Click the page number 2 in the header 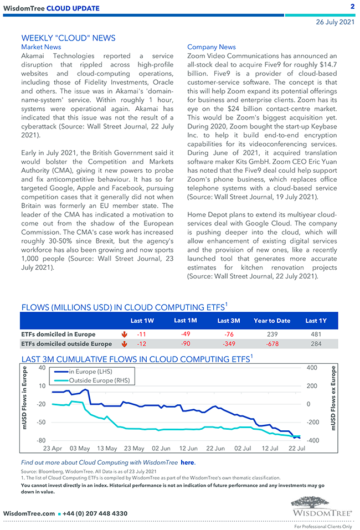352,7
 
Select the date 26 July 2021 335,22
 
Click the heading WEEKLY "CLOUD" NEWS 68,38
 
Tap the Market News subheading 41,47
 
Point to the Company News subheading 212,47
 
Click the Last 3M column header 228,321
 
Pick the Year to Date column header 272,321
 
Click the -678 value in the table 272,344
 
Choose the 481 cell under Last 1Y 316,335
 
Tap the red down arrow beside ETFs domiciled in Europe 124,335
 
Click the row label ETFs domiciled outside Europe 66,344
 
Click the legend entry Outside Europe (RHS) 102,381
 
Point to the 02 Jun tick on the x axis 161,448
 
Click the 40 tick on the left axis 42,368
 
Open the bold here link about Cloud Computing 188,462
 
